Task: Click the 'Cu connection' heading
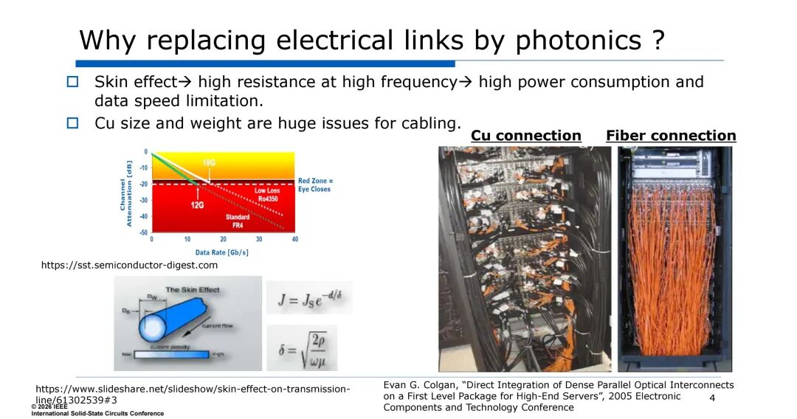click(x=525, y=136)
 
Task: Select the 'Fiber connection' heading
click(x=671, y=136)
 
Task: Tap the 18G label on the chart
click(x=208, y=162)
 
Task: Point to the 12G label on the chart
click(x=197, y=204)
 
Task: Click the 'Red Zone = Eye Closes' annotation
click(x=315, y=184)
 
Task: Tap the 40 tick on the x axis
click(x=294, y=240)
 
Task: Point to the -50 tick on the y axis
click(x=144, y=232)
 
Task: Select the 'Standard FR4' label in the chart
click(x=238, y=221)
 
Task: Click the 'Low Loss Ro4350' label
click(x=267, y=194)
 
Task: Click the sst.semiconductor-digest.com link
click(x=129, y=265)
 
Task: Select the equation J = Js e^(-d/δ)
click(x=309, y=299)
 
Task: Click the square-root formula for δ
click(x=302, y=347)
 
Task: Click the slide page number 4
click(x=712, y=398)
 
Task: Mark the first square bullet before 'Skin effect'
click(x=72, y=82)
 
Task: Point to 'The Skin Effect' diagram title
click(x=192, y=289)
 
